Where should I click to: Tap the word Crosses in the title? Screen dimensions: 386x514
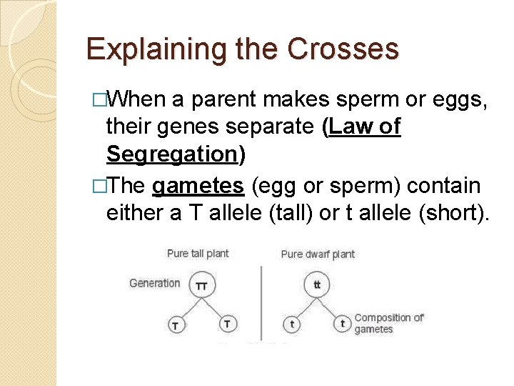[343, 49]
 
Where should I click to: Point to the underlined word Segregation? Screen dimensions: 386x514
[171, 154]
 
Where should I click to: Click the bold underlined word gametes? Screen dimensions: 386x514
[198, 186]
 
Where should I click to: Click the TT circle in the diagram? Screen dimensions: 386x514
[202, 285]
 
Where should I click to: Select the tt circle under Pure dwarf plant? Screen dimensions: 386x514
[317, 285]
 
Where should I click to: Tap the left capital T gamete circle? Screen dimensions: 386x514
[176, 325]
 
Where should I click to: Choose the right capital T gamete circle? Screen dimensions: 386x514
[226, 324]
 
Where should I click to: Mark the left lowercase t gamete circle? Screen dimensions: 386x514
[291, 324]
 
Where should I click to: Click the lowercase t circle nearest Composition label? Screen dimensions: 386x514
[343, 324]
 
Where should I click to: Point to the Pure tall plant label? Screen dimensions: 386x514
[198, 254]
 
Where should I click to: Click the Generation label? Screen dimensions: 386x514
[155, 283]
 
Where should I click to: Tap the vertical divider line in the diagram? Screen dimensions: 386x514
[261, 300]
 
